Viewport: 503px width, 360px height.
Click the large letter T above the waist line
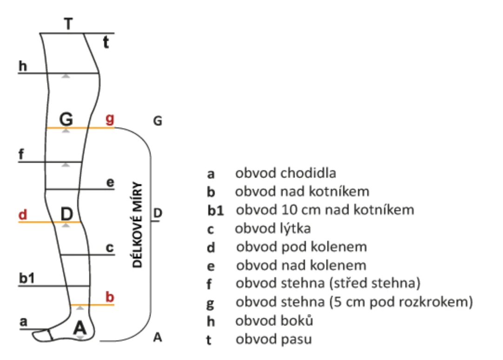(x=68, y=23)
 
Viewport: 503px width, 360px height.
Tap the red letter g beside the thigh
(x=110, y=119)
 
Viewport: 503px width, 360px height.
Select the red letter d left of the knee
(x=23, y=215)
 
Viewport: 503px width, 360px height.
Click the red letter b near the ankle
(x=110, y=297)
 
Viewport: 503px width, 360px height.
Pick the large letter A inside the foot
(x=80, y=328)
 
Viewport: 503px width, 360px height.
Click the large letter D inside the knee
(x=67, y=214)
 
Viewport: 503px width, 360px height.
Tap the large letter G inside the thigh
(x=66, y=120)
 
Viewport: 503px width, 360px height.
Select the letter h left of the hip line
(x=23, y=66)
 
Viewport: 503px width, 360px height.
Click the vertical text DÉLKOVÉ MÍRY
(x=138, y=225)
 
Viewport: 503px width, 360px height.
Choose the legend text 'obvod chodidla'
(x=285, y=173)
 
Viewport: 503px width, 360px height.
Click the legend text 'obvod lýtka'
(x=273, y=229)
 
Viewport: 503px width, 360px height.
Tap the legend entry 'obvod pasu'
(x=273, y=340)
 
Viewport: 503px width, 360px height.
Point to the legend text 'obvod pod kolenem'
(x=301, y=247)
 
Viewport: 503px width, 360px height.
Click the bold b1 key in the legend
(x=216, y=211)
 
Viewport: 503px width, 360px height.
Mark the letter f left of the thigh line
(x=21, y=154)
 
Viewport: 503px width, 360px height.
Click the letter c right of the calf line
(x=109, y=248)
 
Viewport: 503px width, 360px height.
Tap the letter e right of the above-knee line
(x=110, y=182)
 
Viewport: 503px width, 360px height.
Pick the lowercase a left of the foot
(x=24, y=321)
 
